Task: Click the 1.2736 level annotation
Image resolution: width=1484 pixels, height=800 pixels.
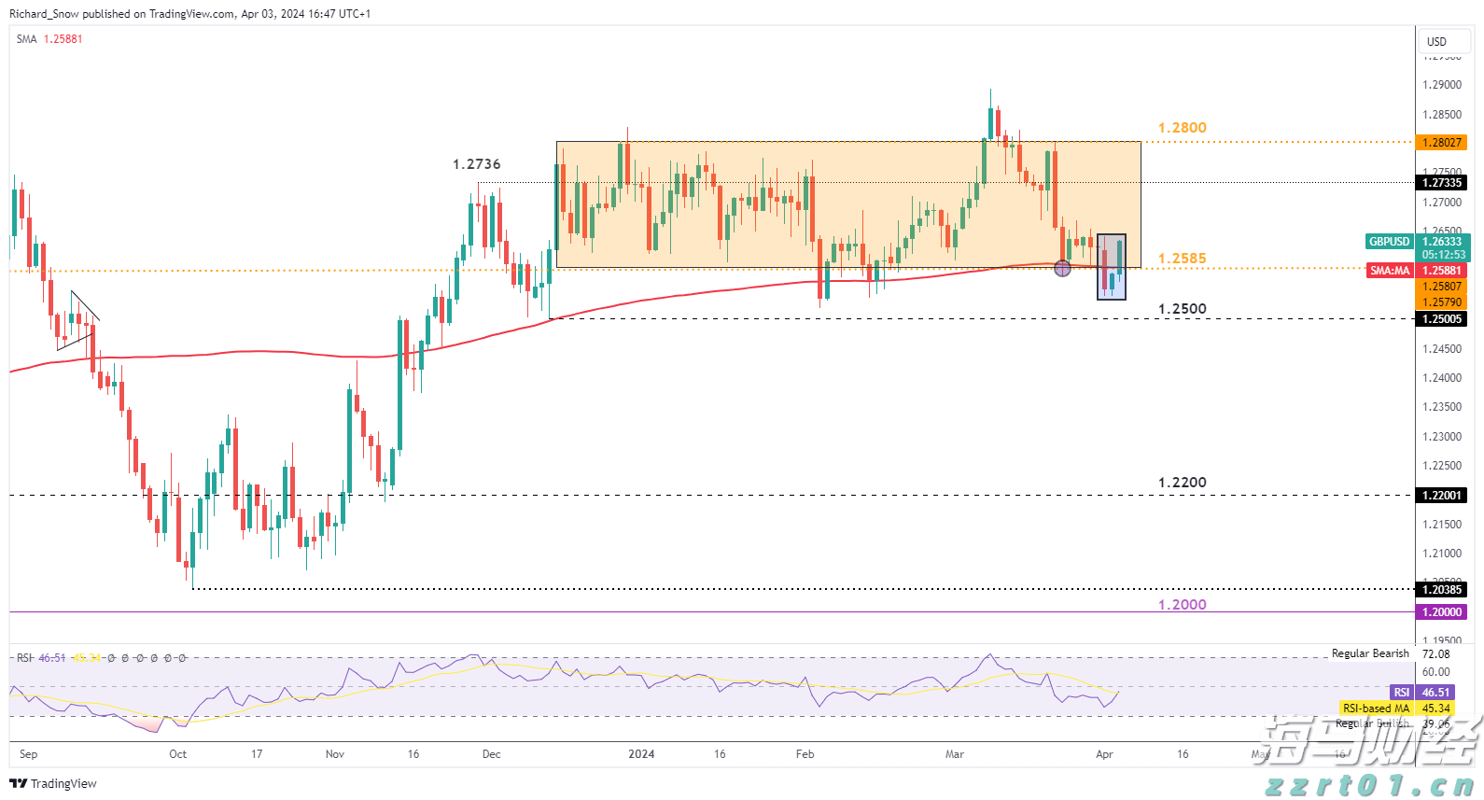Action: pyautogui.click(x=476, y=164)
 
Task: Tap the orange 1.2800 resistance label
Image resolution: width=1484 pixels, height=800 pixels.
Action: pyautogui.click(x=1182, y=128)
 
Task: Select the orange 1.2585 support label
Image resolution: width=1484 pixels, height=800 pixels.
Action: pyautogui.click(x=1182, y=259)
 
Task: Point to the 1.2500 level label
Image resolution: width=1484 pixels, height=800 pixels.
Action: pyautogui.click(x=1182, y=309)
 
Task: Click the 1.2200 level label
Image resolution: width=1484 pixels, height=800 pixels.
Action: pyautogui.click(x=1182, y=483)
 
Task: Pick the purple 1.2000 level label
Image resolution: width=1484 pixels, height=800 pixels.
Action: pyautogui.click(x=1182, y=605)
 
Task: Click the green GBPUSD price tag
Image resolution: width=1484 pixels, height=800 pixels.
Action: pyautogui.click(x=1389, y=242)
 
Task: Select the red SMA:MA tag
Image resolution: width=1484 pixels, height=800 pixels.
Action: pyautogui.click(x=1390, y=271)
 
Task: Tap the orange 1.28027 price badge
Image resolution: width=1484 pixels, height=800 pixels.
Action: pyautogui.click(x=1442, y=143)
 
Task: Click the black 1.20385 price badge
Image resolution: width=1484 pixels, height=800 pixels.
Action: pyautogui.click(x=1442, y=590)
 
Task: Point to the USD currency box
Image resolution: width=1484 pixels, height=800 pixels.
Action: pyautogui.click(x=1436, y=42)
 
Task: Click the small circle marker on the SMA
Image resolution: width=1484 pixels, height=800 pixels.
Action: pyautogui.click(x=1062, y=269)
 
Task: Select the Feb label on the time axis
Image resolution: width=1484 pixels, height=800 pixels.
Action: pyautogui.click(x=805, y=754)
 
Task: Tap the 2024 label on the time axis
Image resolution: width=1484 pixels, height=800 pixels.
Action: pyautogui.click(x=641, y=754)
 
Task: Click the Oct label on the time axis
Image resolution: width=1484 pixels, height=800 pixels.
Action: pyautogui.click(x=177, y=754)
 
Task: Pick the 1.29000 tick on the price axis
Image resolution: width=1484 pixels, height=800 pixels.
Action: pyautogui.click(x=1442, y=85)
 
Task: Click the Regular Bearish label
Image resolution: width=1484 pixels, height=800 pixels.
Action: pyautogui.click(x=1369, y=653)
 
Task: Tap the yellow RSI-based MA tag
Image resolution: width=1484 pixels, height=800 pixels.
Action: pyautogui.click(x=1376, y=709)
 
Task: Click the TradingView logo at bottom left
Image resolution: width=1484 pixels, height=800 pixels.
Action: pyautogui.click(x=53, y=783)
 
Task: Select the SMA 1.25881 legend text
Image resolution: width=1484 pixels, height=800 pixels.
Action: pyautogui.click(x=49, y=39)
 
